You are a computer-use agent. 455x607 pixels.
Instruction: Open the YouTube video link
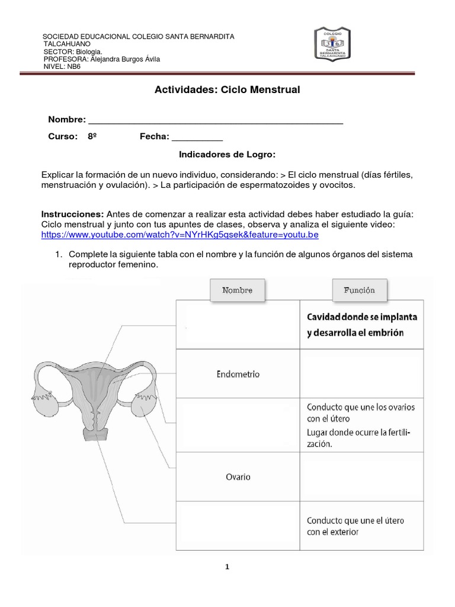180,235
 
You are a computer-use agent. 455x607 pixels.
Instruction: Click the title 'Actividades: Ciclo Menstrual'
227,90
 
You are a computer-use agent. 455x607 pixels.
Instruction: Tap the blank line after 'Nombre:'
215,120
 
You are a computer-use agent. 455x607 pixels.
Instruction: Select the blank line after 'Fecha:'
197,137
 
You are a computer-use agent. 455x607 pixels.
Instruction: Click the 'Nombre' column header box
238,290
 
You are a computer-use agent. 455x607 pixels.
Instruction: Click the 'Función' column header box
359,290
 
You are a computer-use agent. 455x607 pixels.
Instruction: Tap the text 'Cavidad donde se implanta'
361,317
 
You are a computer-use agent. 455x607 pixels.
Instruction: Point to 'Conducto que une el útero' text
355,520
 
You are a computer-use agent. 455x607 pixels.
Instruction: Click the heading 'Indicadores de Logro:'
227,154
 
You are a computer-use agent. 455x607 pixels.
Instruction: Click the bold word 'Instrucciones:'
72,214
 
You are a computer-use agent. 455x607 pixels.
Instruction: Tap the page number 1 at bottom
227,567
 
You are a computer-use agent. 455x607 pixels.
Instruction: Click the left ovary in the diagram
47,407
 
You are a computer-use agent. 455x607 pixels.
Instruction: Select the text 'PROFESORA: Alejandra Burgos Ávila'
101,59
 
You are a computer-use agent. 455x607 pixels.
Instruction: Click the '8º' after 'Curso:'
92,137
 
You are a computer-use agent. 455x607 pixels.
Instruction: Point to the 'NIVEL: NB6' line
62,66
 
